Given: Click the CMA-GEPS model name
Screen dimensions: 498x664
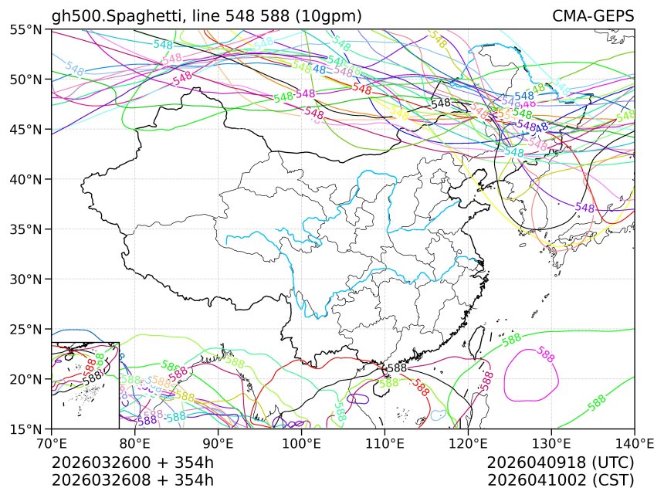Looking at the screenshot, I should point(593,16).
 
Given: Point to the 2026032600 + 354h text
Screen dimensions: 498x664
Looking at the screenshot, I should point(132,463).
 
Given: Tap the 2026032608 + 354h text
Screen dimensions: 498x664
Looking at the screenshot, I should point(132,480).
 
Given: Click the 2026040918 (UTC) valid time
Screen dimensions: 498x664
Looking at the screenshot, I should point(561,463).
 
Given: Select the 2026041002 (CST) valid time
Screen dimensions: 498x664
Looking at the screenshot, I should point(561,480).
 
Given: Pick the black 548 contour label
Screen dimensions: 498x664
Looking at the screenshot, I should point(441,103).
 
